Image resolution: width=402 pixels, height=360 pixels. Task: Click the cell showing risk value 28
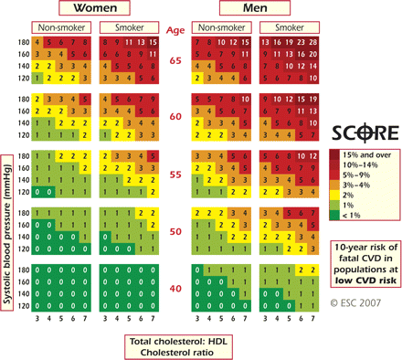[x=314, y=41]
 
